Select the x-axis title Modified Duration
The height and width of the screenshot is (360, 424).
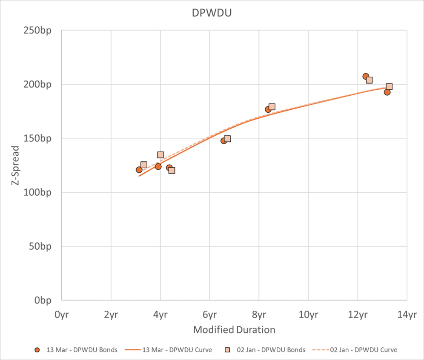pyautogui.click(x=234, y=330)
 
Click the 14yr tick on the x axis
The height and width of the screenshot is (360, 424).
pyautogui.click(x=407, y=315)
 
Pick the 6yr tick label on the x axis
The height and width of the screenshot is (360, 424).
pyautogui.click(x=209, y=315)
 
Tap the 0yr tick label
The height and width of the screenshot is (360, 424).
pyautogui.click(x=62, y=315)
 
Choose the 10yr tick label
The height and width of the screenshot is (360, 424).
pyautogui.click(x=308, y=315)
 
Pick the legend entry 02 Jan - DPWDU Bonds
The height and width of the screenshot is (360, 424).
pyautogui.click(x=266, y=350)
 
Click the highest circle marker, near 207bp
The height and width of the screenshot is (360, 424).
pyautogui.click(x=366, y=77)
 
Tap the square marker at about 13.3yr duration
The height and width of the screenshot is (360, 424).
pyautogui.click(x=389, y=87)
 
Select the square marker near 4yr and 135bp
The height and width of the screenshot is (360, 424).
pyautogui.click(x=160, y=155)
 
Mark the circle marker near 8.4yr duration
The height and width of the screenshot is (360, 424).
pyautogui.click(x=268, y=109)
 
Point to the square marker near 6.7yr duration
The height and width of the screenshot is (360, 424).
pyautogui.click(x=227, y=139)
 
